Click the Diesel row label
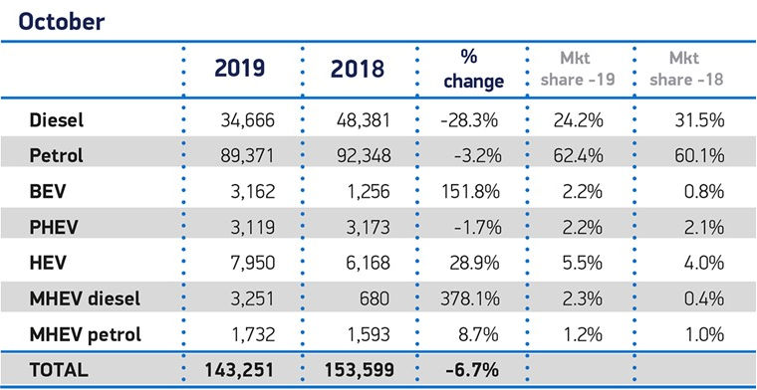(57, 120)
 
